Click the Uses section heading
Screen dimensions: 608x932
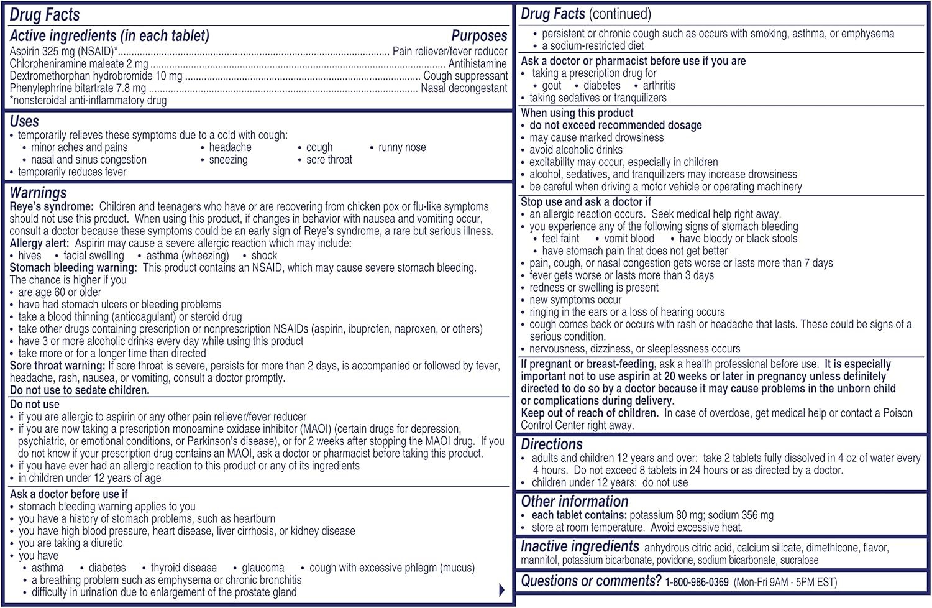point(24,121)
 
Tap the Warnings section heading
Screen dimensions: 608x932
point(38,193)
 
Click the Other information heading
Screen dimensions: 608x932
point(575,502)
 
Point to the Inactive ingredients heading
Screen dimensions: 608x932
point(580,546)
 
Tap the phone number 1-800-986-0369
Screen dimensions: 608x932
point(697,583)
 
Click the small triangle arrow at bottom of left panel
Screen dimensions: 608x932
point(501,590)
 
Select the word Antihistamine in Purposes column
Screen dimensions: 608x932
point(477,63)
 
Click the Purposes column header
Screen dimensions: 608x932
point(479,36)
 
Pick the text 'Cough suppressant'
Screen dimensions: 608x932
point(465,76)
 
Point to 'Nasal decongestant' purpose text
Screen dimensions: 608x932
point(464,88)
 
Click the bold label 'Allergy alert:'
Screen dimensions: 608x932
point(39,243)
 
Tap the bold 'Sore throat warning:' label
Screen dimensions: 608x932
point(57,366)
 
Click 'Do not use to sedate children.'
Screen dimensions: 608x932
point(80,390)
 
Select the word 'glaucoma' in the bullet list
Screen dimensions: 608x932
point(263,568)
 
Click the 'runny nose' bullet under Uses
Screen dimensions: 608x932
point(402,147)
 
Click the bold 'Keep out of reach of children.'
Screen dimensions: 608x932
point(589,413)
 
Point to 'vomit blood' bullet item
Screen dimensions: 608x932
point(629,239)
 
